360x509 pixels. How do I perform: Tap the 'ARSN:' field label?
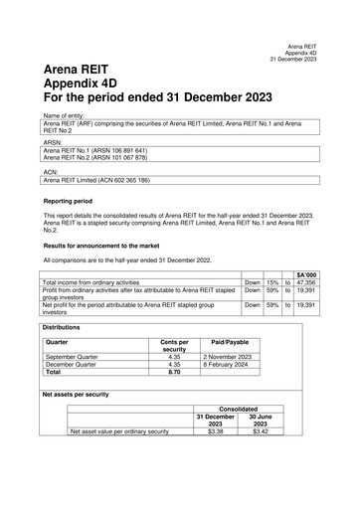[x=52, y=143]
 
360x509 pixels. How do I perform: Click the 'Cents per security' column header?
[x=174, y=346]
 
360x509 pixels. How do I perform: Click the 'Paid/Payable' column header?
[x=230, y=342]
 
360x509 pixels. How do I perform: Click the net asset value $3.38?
[x=216, y=432]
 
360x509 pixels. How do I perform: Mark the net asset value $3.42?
[x=261, y=432]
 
